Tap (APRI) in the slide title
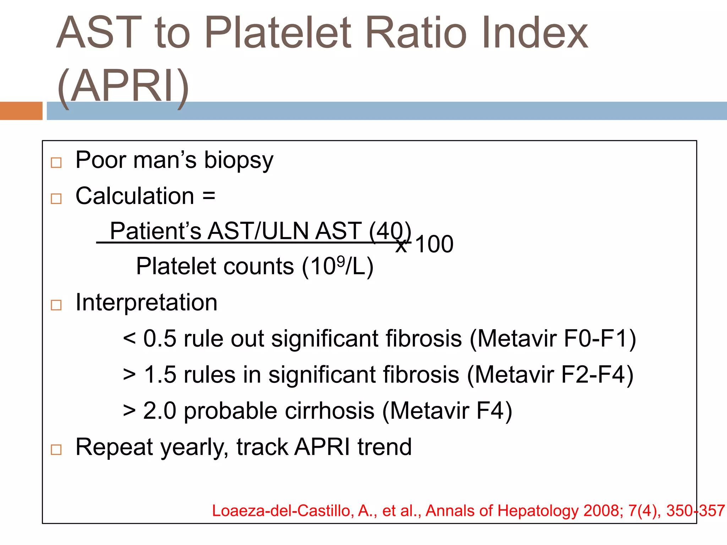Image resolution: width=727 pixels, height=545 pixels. pyautogui.click(x=123, y=87)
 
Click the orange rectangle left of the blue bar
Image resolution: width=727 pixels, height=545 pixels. pyautogui.click(x=21, y=111)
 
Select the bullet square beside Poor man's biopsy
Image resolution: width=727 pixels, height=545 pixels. pyautogui.click(x=56, y=163)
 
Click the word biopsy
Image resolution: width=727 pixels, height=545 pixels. pyautogui.click(x=239, y=160)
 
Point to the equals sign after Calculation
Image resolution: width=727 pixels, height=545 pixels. pyautogui.click(x=209, y=196)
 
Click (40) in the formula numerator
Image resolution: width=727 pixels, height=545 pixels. pyautogui.click(x=390, y=231)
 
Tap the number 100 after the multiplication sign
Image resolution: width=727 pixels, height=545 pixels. pyautogui.click(x=434, y=244)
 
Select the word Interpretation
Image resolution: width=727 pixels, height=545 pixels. pyautogui.click(x=146, y=303)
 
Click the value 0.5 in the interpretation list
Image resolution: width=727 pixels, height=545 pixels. pyautogui.click(x=159, y=338)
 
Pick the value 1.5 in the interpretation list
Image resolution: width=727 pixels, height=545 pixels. pyautogui.click(x=160, y=375)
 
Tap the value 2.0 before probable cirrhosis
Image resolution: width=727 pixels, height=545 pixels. pyautogui.click(x=159, y=411)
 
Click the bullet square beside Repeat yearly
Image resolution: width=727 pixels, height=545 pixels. pyautogui.click(x=56, y=449)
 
